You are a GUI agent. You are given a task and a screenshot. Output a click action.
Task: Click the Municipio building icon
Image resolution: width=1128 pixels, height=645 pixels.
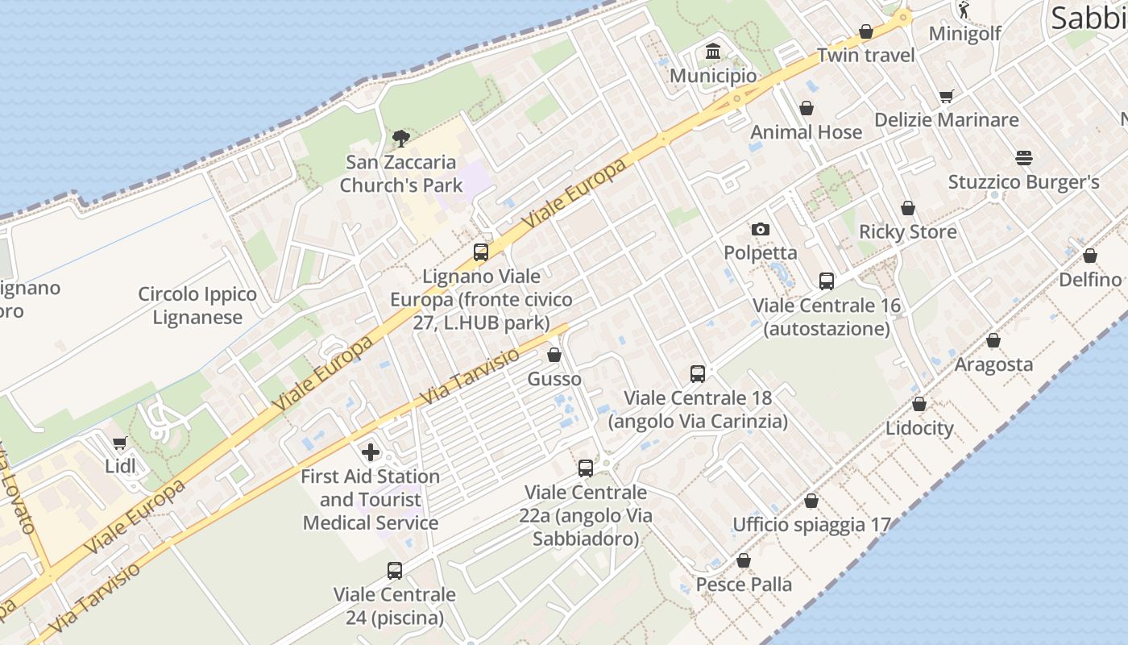[713, 53]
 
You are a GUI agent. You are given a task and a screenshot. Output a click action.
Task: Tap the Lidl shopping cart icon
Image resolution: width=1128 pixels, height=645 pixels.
[120, 443]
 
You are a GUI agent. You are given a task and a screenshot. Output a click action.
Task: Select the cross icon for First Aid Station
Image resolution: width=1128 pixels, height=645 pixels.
[371, 452]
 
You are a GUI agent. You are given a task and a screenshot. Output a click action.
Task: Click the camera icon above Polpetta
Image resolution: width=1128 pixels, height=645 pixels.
[760, 230]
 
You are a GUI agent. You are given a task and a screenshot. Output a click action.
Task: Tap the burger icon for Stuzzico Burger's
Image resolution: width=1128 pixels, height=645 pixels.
[1023, 158]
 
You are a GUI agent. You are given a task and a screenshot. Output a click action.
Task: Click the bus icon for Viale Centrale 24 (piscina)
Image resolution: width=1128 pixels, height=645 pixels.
[395, 571]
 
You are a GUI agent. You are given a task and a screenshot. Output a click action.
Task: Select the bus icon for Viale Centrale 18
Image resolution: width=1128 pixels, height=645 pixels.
[698, 374]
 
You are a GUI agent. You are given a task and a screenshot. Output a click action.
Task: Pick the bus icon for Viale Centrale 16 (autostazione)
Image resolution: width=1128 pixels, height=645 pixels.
[827, 281]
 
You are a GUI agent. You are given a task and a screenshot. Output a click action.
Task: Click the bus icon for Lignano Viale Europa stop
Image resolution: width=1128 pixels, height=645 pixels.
[481, 252]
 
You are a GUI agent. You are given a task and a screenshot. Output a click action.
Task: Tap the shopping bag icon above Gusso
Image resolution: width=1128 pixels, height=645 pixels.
[554, 355]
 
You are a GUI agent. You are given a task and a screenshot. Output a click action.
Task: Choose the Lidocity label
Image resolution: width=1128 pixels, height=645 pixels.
[919, 428]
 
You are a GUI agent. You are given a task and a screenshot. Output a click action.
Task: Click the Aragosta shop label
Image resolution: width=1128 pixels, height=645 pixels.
[993, 364]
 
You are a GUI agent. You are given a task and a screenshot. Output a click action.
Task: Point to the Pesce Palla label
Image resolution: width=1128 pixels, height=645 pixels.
[744, 584]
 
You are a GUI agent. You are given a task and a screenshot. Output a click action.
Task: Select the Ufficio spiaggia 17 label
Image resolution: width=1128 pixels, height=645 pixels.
[811, 525]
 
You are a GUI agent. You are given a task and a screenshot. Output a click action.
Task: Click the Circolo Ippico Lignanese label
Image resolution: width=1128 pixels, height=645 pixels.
[197, 306]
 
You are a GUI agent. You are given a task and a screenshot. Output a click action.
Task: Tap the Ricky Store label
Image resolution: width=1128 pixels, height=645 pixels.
[908, 232]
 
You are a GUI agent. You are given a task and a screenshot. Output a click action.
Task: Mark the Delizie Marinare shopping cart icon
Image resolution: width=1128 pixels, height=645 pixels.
[947, 97]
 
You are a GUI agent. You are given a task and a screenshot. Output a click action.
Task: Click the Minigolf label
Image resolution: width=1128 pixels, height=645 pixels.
[964, 33]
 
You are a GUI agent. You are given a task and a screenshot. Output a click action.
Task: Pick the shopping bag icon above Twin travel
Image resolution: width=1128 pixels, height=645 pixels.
[866, 32]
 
